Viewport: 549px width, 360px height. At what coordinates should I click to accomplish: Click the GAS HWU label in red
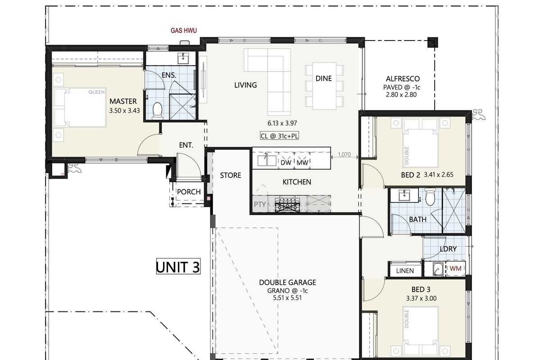[184, 31]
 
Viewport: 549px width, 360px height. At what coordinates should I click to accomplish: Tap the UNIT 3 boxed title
[178, 266]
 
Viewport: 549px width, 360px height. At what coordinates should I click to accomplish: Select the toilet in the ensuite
[157, 111]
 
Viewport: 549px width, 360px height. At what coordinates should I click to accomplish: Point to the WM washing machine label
[455, 269]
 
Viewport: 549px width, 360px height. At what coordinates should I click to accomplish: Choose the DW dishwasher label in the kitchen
[286, 162]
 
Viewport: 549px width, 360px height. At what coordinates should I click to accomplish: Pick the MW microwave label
[302, 162]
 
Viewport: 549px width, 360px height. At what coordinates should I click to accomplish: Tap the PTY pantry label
[260, 204]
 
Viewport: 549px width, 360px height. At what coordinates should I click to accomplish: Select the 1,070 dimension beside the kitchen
[345, 154]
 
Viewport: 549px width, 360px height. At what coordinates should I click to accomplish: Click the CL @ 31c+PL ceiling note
[279, 136]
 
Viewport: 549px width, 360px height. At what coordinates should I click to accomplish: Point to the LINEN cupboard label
[405, 271]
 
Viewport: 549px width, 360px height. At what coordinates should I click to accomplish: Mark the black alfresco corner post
[433, 43]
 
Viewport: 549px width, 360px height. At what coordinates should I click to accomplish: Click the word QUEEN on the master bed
[96, 92]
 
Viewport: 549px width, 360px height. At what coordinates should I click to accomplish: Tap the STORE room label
[231, 175]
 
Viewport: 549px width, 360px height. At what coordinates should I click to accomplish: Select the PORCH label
[189, 192]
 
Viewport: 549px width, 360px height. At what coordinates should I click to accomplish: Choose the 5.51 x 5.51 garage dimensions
[287, 298]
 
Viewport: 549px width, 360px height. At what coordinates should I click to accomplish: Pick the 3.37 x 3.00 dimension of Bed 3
[421, 298]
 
